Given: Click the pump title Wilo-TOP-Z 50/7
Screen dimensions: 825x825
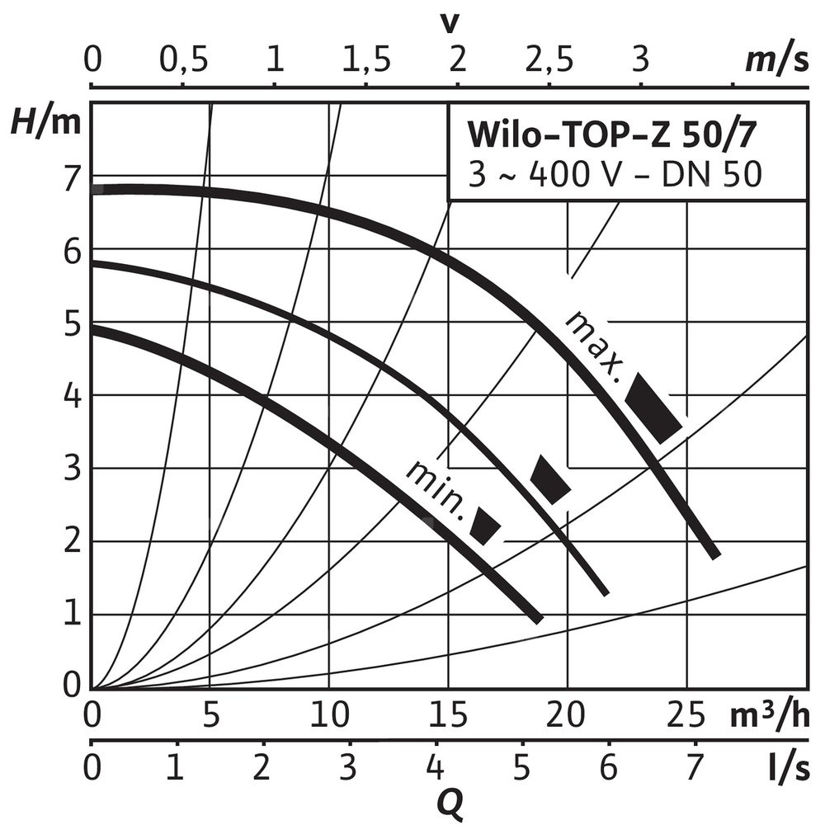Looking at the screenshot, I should [x=612, y=132].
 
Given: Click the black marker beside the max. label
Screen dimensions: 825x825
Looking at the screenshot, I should [x=654, y=407].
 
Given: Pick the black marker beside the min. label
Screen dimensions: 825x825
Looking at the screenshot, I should [x=485, y=526].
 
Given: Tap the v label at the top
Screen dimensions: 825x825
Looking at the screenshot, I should [x=450, y=23].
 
